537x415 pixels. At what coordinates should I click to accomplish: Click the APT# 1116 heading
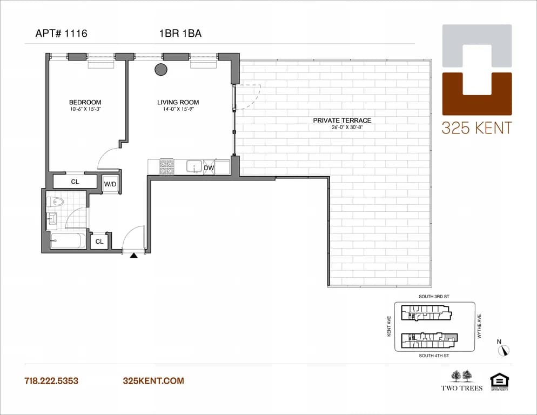[61, 34]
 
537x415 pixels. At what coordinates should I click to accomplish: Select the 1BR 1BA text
[180, 34]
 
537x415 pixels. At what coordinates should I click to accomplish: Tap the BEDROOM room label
[85, 102]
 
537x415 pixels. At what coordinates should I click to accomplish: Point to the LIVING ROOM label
[178, 102]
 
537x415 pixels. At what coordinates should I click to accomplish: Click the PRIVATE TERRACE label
[342, 121]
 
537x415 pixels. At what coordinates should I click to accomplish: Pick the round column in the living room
[161, 69]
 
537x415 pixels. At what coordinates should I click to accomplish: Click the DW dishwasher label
[209, 168]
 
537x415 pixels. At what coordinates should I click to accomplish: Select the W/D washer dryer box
[110, 184]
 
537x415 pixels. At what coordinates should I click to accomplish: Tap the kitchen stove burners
[166, 166]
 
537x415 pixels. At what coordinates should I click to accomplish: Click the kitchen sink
[194, 166]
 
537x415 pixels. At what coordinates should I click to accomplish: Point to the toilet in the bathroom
[55, 202]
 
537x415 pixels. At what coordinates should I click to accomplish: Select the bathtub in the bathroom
[67, 241]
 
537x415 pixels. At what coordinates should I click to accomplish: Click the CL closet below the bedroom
[75, 182]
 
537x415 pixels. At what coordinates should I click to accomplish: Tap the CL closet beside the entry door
[99, 242]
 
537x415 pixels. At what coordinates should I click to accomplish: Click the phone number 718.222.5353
[51, 381]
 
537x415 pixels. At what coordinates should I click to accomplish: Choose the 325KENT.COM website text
[153, 381]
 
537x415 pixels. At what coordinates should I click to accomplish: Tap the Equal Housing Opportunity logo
[498, 381]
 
